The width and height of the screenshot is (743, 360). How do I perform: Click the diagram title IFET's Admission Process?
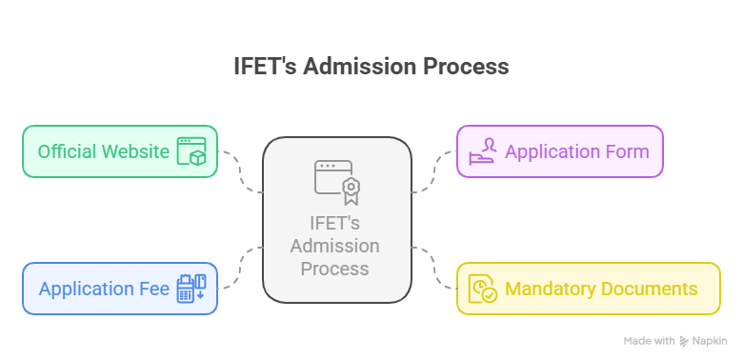pyautogui.click(x=371, y=67)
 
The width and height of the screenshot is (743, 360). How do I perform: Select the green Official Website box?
pyautogui.click(x=120, y=151)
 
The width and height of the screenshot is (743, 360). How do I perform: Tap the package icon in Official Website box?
pyautogui.click(x=191, y=152)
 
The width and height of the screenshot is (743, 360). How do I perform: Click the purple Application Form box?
pyautogui.click(x=560, y=151)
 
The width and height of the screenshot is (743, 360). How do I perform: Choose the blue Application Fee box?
pyautogui.click(x=120, y=289)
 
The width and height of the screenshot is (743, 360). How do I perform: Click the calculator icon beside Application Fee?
pyautogui.click(x=191, y=289)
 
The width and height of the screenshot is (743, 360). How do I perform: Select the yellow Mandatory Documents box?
pyautogui.click(x=589, y=289)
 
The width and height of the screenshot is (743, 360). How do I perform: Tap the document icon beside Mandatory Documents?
pyautogui.click(x=483, y=289)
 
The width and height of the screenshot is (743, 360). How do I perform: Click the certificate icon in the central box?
pyautogui.click(x=337, y=181)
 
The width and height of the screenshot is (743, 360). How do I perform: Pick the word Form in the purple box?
pyautogui.click(x=627, y=151)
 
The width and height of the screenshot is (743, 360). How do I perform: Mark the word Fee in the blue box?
pyautogui.click(x=153, y=289)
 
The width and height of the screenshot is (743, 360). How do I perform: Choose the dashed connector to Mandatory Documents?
pyautogui.click(x=434, y=269)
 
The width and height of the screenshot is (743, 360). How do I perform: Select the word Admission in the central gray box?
pyautogui.click(x=335, y=247)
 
